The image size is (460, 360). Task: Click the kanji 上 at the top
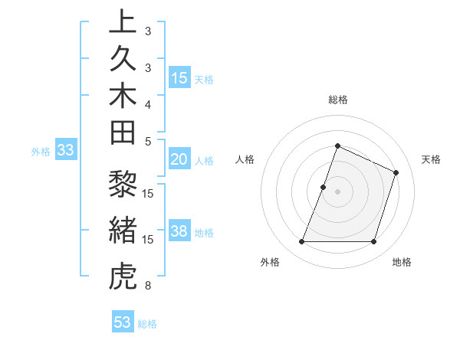point(123,21)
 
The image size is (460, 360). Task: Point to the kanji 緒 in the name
point(123,232)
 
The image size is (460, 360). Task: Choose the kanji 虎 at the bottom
point(123,277)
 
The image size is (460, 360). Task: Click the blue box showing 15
point(179,78)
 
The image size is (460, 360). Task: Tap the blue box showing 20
point(179,159)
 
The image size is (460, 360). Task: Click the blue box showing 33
point(66,151)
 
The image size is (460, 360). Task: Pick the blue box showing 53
point(123,322)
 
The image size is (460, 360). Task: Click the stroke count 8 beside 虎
point(148,286)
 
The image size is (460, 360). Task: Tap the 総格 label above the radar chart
point(338,100)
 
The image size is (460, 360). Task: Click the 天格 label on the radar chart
point(431,159)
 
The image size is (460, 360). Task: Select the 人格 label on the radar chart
point(245,159)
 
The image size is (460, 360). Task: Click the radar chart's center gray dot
point(337,191)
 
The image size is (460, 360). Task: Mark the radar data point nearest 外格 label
point(302,242)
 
